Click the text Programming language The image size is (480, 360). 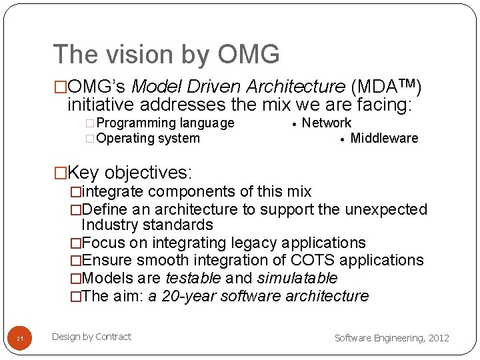click(165, 123)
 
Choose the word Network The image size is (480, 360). click(327, 123)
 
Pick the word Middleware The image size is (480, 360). click(384, 138)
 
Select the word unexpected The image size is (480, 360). click(386, 209)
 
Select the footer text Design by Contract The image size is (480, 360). click(91, 337)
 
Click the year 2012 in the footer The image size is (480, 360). click(438, 338)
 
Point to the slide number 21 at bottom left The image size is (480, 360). click(20, 339)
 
